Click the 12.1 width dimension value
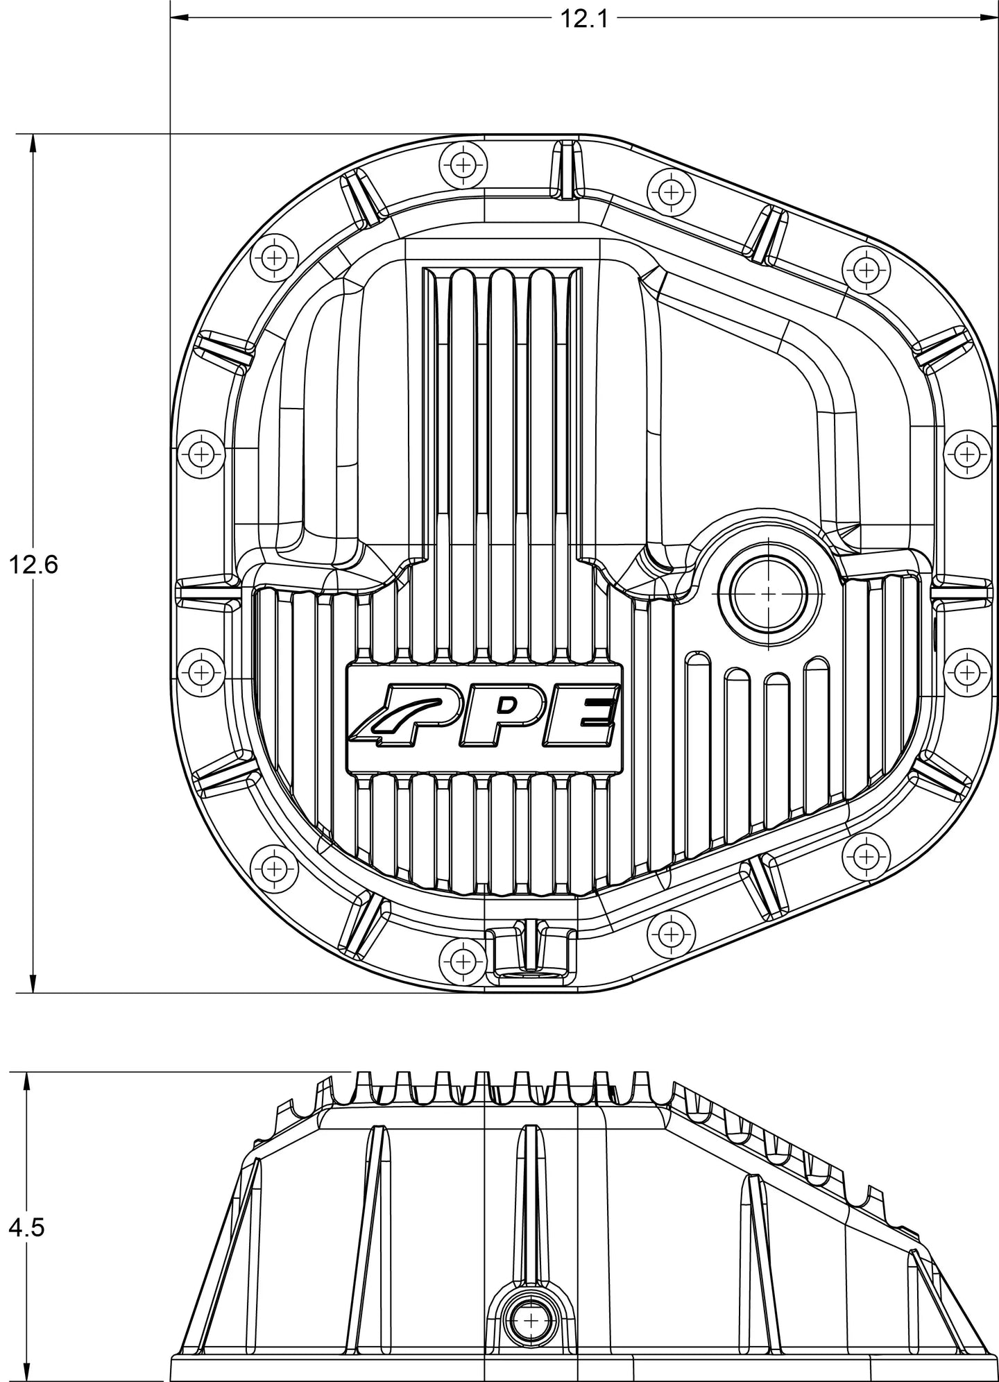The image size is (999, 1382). [583, 19]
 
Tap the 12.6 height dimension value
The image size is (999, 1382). [33, 565]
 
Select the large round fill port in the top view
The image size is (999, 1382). [769, 594]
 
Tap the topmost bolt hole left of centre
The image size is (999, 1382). [463, 165]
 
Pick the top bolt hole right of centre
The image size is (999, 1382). [671, 191]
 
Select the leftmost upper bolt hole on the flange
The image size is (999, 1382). [201, 455]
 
